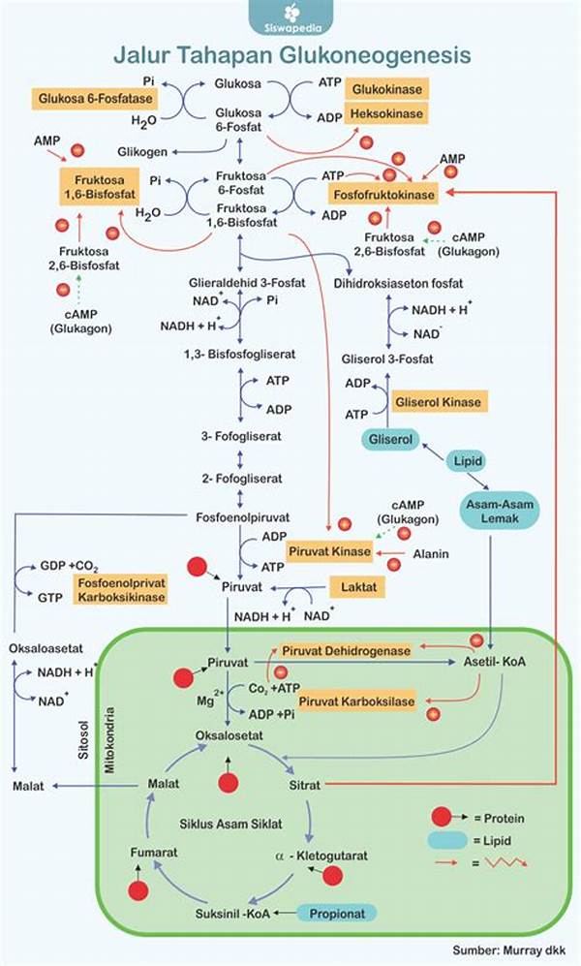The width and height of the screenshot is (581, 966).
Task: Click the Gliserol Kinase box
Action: pyautogui.click(x=437, y=400)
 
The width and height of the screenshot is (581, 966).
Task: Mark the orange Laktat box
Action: pyautogui.click(x=356, y=586)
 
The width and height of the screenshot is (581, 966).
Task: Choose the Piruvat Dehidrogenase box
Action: pyautogui.click(x=346, y=649)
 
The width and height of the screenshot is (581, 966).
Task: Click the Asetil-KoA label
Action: pyautogui.click(x=491, y=661)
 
